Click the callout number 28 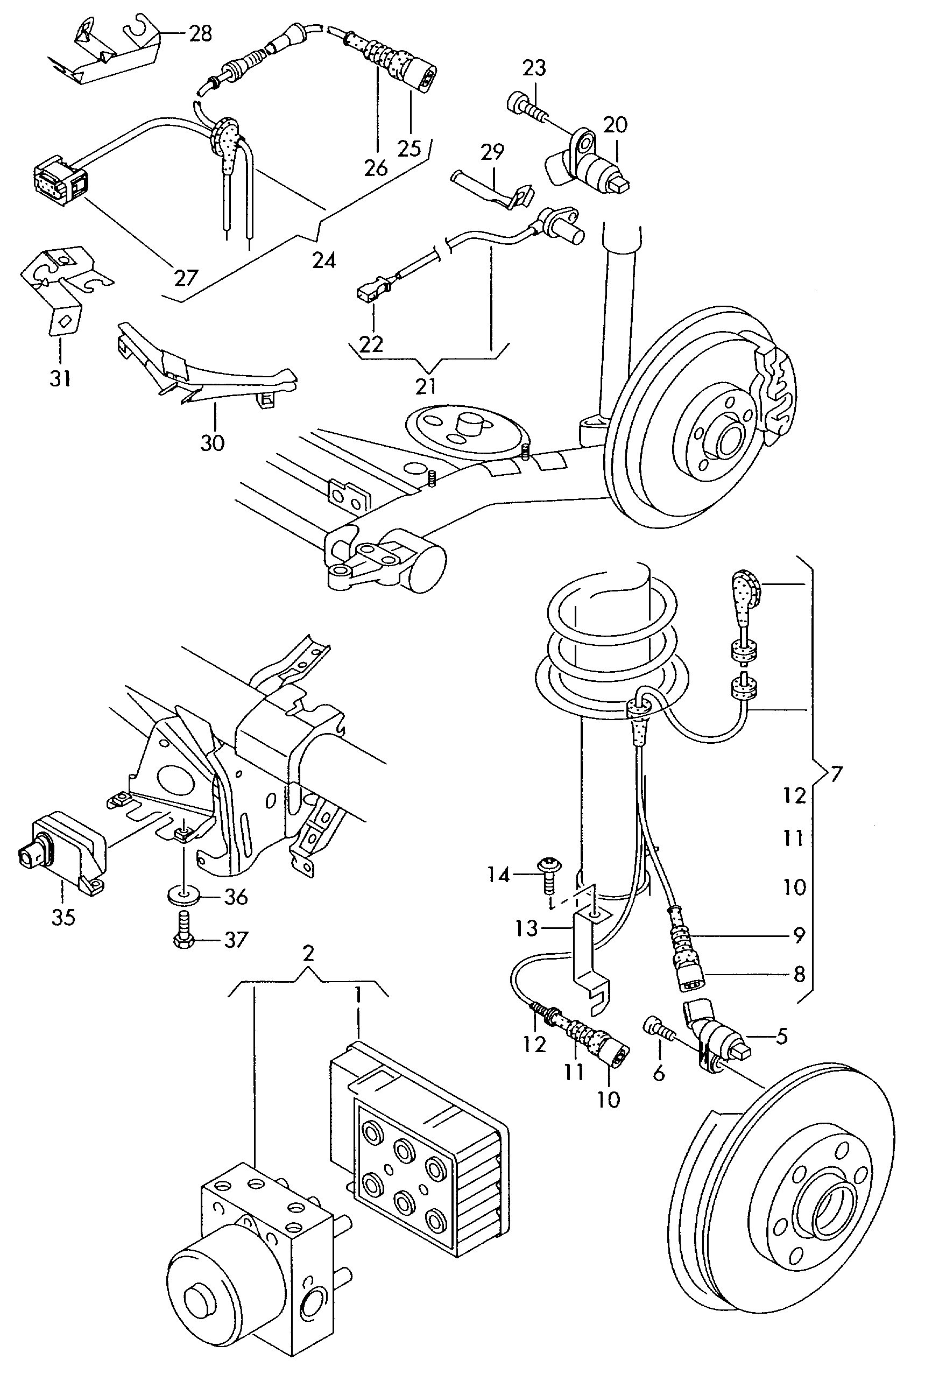click(x=201, y=34)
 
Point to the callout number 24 click(x=324, y=260)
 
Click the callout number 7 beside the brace click(x=836, y=774)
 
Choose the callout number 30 click(x=212, y=442)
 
